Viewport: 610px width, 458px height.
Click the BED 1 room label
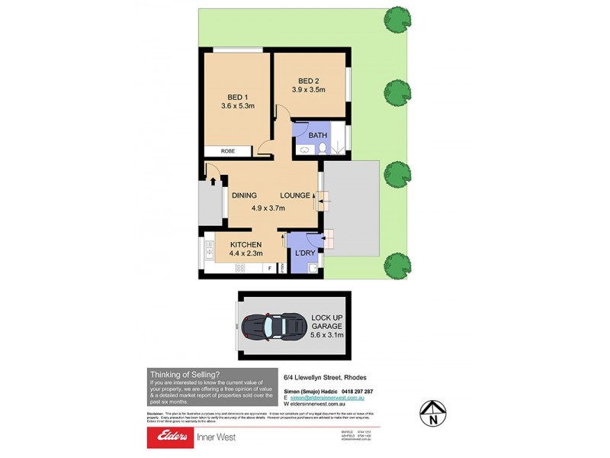236,97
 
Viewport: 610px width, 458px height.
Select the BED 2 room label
308,81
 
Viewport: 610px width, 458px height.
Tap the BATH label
318,135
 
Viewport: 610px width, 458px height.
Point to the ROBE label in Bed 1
227,151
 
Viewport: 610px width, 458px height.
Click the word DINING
244,195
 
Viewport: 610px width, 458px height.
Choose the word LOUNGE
294,195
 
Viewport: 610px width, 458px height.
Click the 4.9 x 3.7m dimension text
268,207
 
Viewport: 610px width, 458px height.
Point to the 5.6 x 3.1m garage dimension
326,334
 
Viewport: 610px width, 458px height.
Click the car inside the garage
273,326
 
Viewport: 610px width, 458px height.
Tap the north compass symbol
433,413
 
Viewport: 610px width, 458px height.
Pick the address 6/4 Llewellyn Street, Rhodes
326,376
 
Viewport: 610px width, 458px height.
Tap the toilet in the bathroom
323,148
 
